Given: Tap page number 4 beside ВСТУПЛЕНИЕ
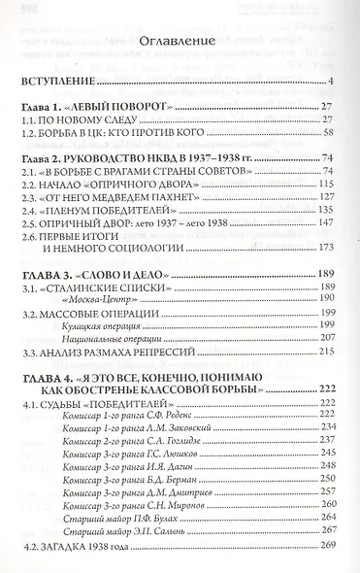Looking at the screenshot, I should click(x=331, y=81).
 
